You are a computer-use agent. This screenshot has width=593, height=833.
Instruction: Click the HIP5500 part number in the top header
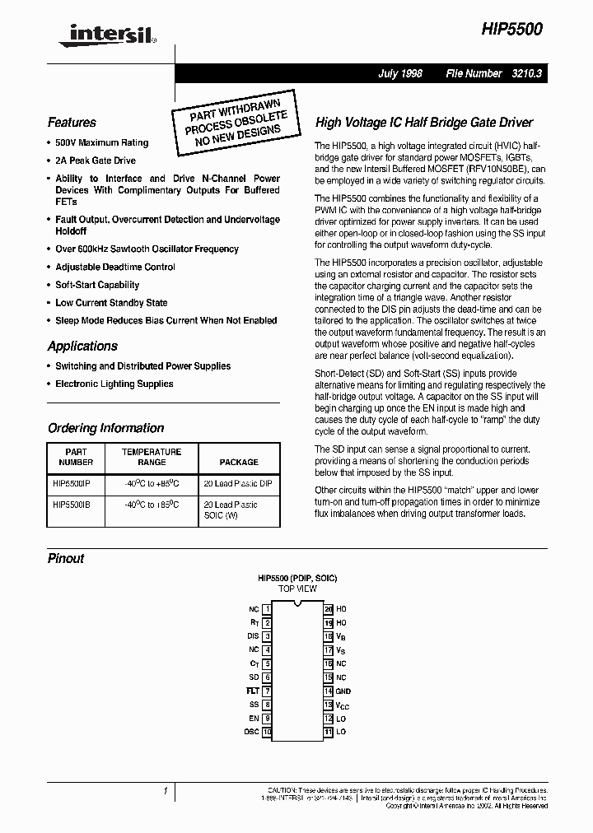point(511,28)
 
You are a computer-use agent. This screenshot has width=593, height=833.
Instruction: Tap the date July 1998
point(399,73)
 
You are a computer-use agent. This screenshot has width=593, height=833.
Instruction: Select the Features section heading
point(72,123)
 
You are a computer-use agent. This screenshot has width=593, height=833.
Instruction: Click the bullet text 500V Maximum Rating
point(101,143)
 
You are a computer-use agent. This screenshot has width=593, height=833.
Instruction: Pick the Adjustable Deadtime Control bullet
point(114,267)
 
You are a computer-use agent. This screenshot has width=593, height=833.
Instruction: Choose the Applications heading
point(82,347)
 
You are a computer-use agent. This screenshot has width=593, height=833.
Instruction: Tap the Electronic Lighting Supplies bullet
point(114,384)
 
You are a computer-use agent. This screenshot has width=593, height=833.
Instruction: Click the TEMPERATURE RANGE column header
point(152,457)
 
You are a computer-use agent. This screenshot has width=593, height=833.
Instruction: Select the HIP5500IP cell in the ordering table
point(77,484)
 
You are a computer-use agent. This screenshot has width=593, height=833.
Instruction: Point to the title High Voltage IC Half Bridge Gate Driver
point(424,123)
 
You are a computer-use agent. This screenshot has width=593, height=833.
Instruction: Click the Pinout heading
point(66,559)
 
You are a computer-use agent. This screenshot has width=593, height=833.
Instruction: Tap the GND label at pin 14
point(343,691)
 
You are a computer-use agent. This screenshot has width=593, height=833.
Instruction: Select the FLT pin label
point(253,691)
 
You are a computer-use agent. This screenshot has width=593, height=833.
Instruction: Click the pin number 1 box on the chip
point(267,609)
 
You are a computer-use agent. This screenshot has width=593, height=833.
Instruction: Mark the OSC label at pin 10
point(251,732)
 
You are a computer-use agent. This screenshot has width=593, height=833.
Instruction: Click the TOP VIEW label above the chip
point(296,589)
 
